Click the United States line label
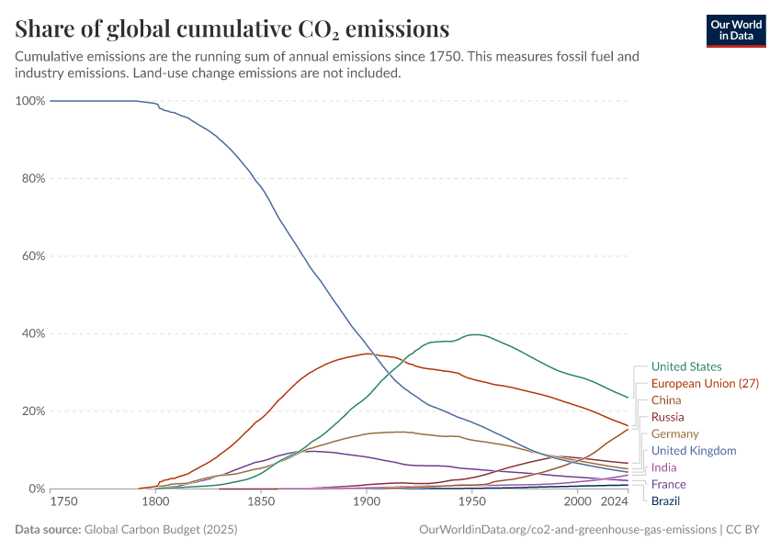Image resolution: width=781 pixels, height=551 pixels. [685, 366]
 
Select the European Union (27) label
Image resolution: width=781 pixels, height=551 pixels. [705, 383]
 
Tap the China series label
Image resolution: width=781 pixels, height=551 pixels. [666, 400]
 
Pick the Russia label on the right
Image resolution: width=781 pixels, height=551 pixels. [667, 417]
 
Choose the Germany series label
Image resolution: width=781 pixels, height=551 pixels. [674, 433]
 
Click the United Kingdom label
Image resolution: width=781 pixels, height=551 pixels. [694, 451]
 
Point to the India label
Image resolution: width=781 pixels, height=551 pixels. [663, 467]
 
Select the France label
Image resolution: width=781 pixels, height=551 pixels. [668, 484]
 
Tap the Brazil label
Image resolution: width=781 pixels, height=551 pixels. [665, 501]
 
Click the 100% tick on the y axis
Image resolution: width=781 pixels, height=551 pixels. [30, 100]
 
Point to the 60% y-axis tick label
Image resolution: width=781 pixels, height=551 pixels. [33, 256]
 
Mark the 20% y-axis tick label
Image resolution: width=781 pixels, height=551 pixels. [33, 411]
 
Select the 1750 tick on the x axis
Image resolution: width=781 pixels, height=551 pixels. [63, 502]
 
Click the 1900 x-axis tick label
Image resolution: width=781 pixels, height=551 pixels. [367, 502]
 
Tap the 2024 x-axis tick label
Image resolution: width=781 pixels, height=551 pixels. [613, 502]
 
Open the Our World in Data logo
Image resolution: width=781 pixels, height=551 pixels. [735, 30]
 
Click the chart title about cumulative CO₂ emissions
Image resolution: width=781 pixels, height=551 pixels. [232, 28]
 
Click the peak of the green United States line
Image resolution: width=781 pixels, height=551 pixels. [473, 334]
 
